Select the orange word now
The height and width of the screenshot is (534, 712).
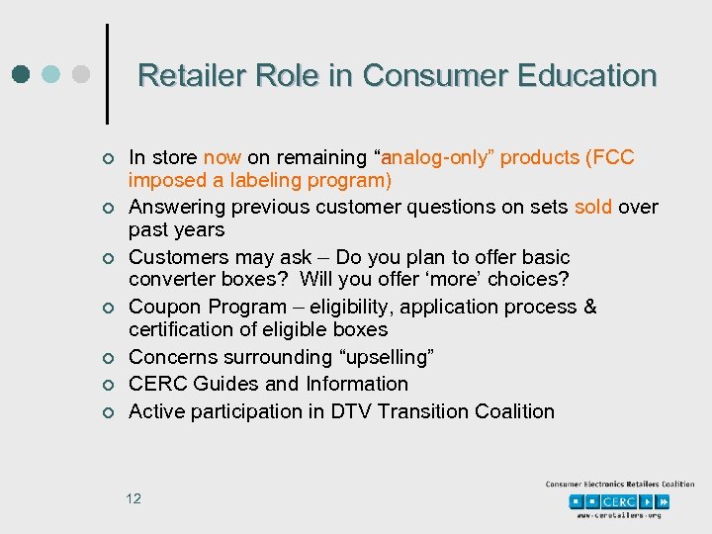coord(222,158)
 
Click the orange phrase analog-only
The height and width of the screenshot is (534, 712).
coord(433,158)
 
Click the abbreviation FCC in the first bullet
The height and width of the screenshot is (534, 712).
coord(611,158)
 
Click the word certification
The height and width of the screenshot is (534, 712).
coord(180,329)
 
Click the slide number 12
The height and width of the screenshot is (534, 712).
coord(133,498)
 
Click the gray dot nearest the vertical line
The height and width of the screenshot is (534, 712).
coord(83,75)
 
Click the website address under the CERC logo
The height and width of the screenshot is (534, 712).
coord(620,515)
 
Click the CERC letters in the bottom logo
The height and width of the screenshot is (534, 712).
coord(620,501)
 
